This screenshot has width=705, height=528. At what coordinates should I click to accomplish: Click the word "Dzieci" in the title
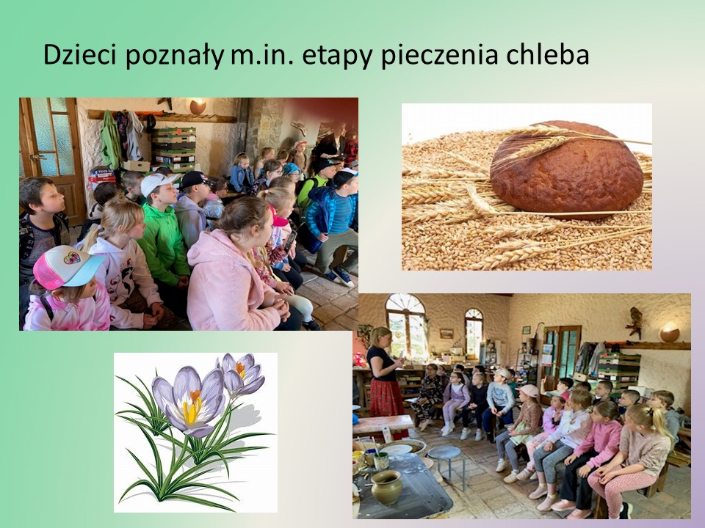click(79, 55)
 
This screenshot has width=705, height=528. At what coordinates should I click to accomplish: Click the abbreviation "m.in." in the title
click(263, 56)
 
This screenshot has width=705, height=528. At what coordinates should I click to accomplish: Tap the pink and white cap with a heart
click(67, 267)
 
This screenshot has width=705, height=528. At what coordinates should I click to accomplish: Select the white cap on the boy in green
click(158, 183)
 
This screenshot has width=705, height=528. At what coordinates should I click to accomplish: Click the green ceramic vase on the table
click(386, 487)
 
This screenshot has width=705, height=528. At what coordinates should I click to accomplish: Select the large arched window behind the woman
click(406, 326)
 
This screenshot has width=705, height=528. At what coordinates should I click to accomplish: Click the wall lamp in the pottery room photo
click(670, 331)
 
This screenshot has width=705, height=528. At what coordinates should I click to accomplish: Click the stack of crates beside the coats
click(173, 150)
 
